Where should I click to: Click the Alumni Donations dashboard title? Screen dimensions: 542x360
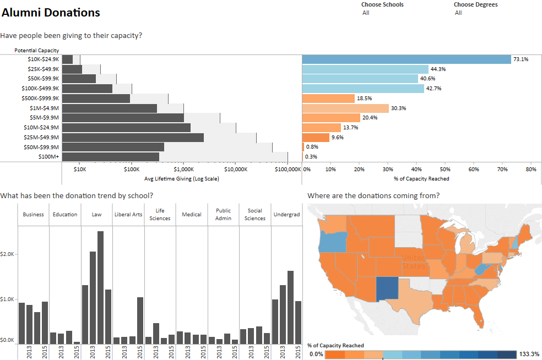pos(51,13)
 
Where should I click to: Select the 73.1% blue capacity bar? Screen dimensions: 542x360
pos(406,59)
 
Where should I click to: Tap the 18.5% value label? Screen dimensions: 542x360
pos(364,99)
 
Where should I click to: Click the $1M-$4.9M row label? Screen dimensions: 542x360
pos(44,108)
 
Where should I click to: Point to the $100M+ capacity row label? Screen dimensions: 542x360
pos(48,156)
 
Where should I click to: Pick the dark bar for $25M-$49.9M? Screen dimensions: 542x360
pos(133,138)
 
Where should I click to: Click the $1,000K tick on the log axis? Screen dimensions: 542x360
pos(183,170)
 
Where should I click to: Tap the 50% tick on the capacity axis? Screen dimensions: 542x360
pos(445,170)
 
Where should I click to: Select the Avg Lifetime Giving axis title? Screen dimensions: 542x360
pos(181,178)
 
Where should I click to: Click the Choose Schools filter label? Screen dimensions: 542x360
pos(382,4)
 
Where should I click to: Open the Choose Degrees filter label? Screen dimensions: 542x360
pos(476,4)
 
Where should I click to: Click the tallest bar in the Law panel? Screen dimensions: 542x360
pos(101,287)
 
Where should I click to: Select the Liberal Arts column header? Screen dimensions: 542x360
pos(128,215)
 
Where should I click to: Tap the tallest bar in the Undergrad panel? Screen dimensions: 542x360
pos(291,308)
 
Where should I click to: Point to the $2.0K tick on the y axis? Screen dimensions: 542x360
pos(7,254)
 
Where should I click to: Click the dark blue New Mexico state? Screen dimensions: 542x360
pos(387,289)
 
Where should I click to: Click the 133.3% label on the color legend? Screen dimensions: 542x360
pos(529,354)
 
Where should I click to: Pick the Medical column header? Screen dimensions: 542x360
pos(192,215)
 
